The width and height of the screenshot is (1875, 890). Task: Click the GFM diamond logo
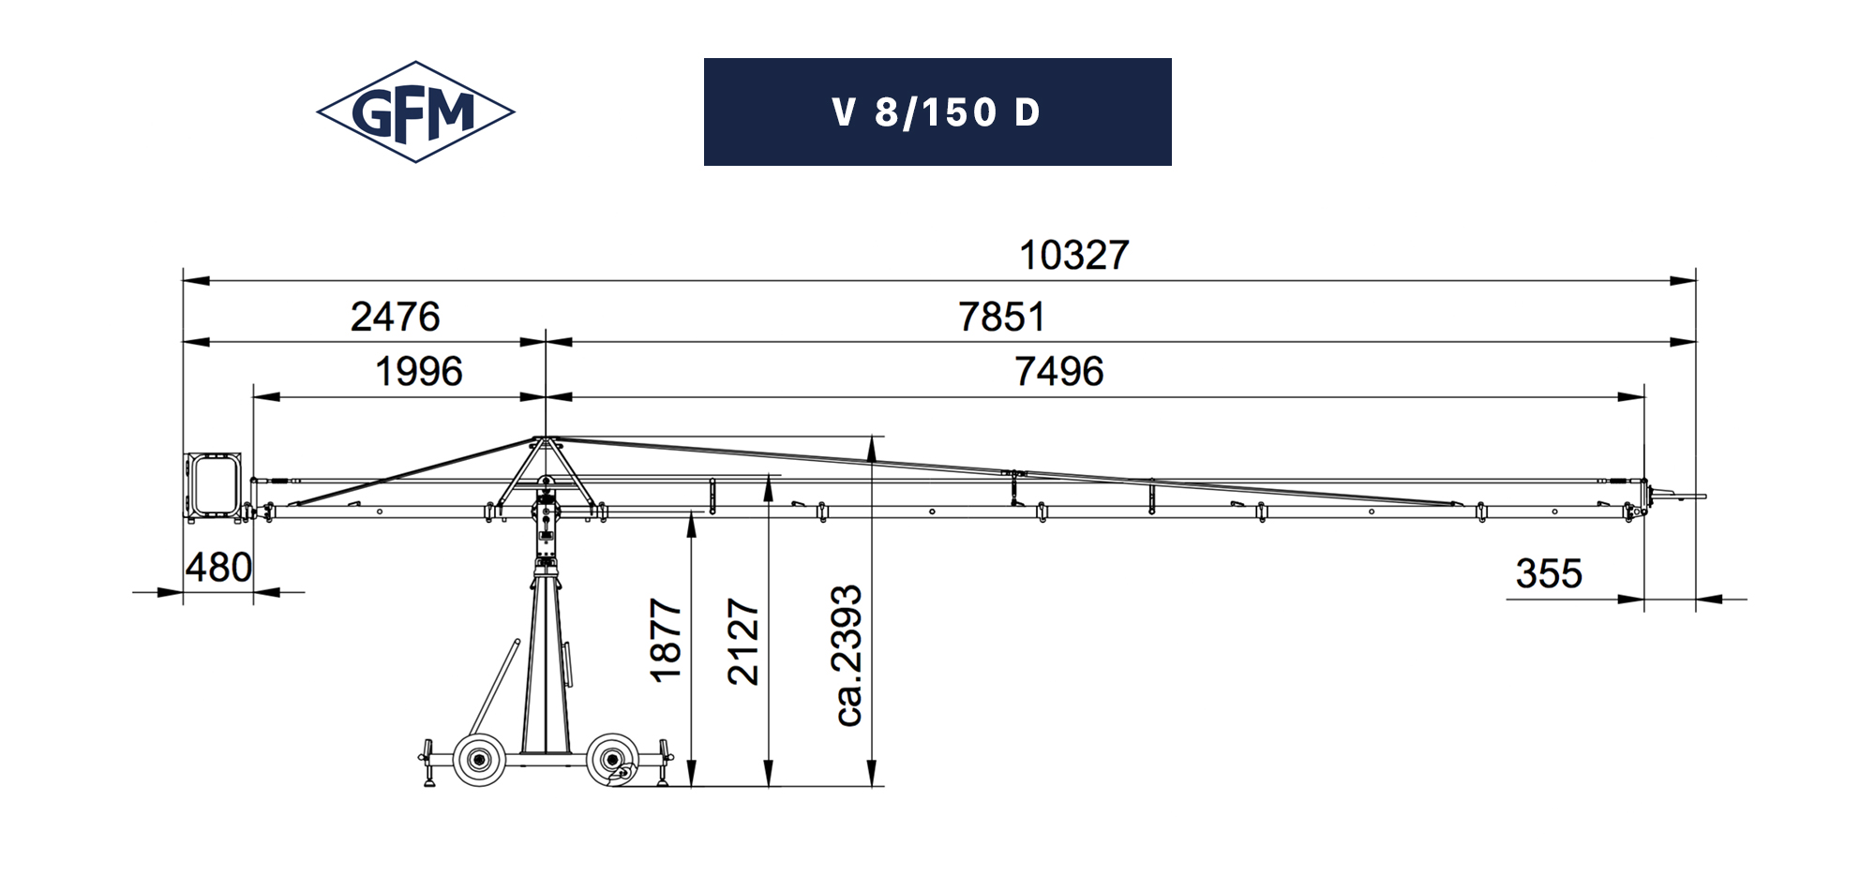click(415, 112)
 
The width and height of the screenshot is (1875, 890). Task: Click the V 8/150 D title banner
click(937, 112)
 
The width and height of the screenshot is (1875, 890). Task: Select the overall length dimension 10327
click(1073, 256)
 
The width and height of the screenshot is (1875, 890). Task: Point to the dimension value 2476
click(395, 317)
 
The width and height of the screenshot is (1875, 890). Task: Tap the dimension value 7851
click(1001, 317)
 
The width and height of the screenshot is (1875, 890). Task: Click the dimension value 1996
click(418, 372)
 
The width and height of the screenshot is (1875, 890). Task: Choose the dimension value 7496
click(1058, 372)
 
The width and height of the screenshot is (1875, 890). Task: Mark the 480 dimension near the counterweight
click(217, 568)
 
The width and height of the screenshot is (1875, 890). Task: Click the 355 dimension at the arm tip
click(1548, 573)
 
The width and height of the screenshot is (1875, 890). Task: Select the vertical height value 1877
click(666, 641)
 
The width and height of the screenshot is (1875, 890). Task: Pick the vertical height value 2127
click(743, 642)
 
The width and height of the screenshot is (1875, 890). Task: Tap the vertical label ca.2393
click(847, 655)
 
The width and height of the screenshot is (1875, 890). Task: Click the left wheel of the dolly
click(479, 760)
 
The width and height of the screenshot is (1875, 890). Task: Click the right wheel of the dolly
click(613, 760)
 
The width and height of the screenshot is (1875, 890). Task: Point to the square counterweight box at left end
click(213, 484)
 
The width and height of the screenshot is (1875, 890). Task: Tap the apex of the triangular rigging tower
click(544, 438)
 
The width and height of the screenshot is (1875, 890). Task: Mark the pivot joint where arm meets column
click(546, 512)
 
